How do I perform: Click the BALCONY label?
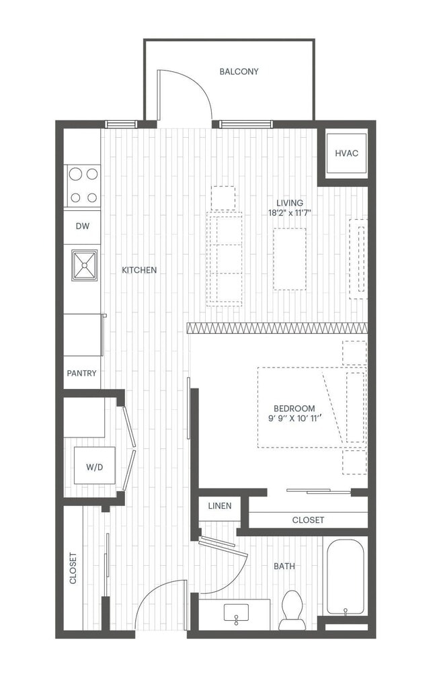click(239, 71)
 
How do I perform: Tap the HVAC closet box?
click(346, 154)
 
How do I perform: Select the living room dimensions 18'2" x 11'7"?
click(289, 213)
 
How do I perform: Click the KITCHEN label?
click(139, 270)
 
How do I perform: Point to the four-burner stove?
click(83, 185)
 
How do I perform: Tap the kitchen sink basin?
click(84, 265)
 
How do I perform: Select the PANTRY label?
click(81, 373)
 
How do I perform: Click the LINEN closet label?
click(219, 506)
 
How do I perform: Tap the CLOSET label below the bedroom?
click(308, 520)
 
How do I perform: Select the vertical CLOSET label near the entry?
click(73, 568)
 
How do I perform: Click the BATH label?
click(284, 566)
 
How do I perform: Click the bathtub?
click(345, 578)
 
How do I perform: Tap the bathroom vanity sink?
click(235, 613)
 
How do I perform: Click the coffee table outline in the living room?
click(289, 259)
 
